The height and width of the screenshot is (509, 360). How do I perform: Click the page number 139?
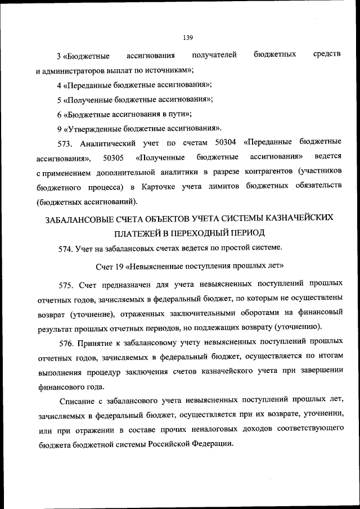click(x=188, y=38)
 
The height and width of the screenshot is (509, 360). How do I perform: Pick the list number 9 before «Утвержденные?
click(x=59, y=128)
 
